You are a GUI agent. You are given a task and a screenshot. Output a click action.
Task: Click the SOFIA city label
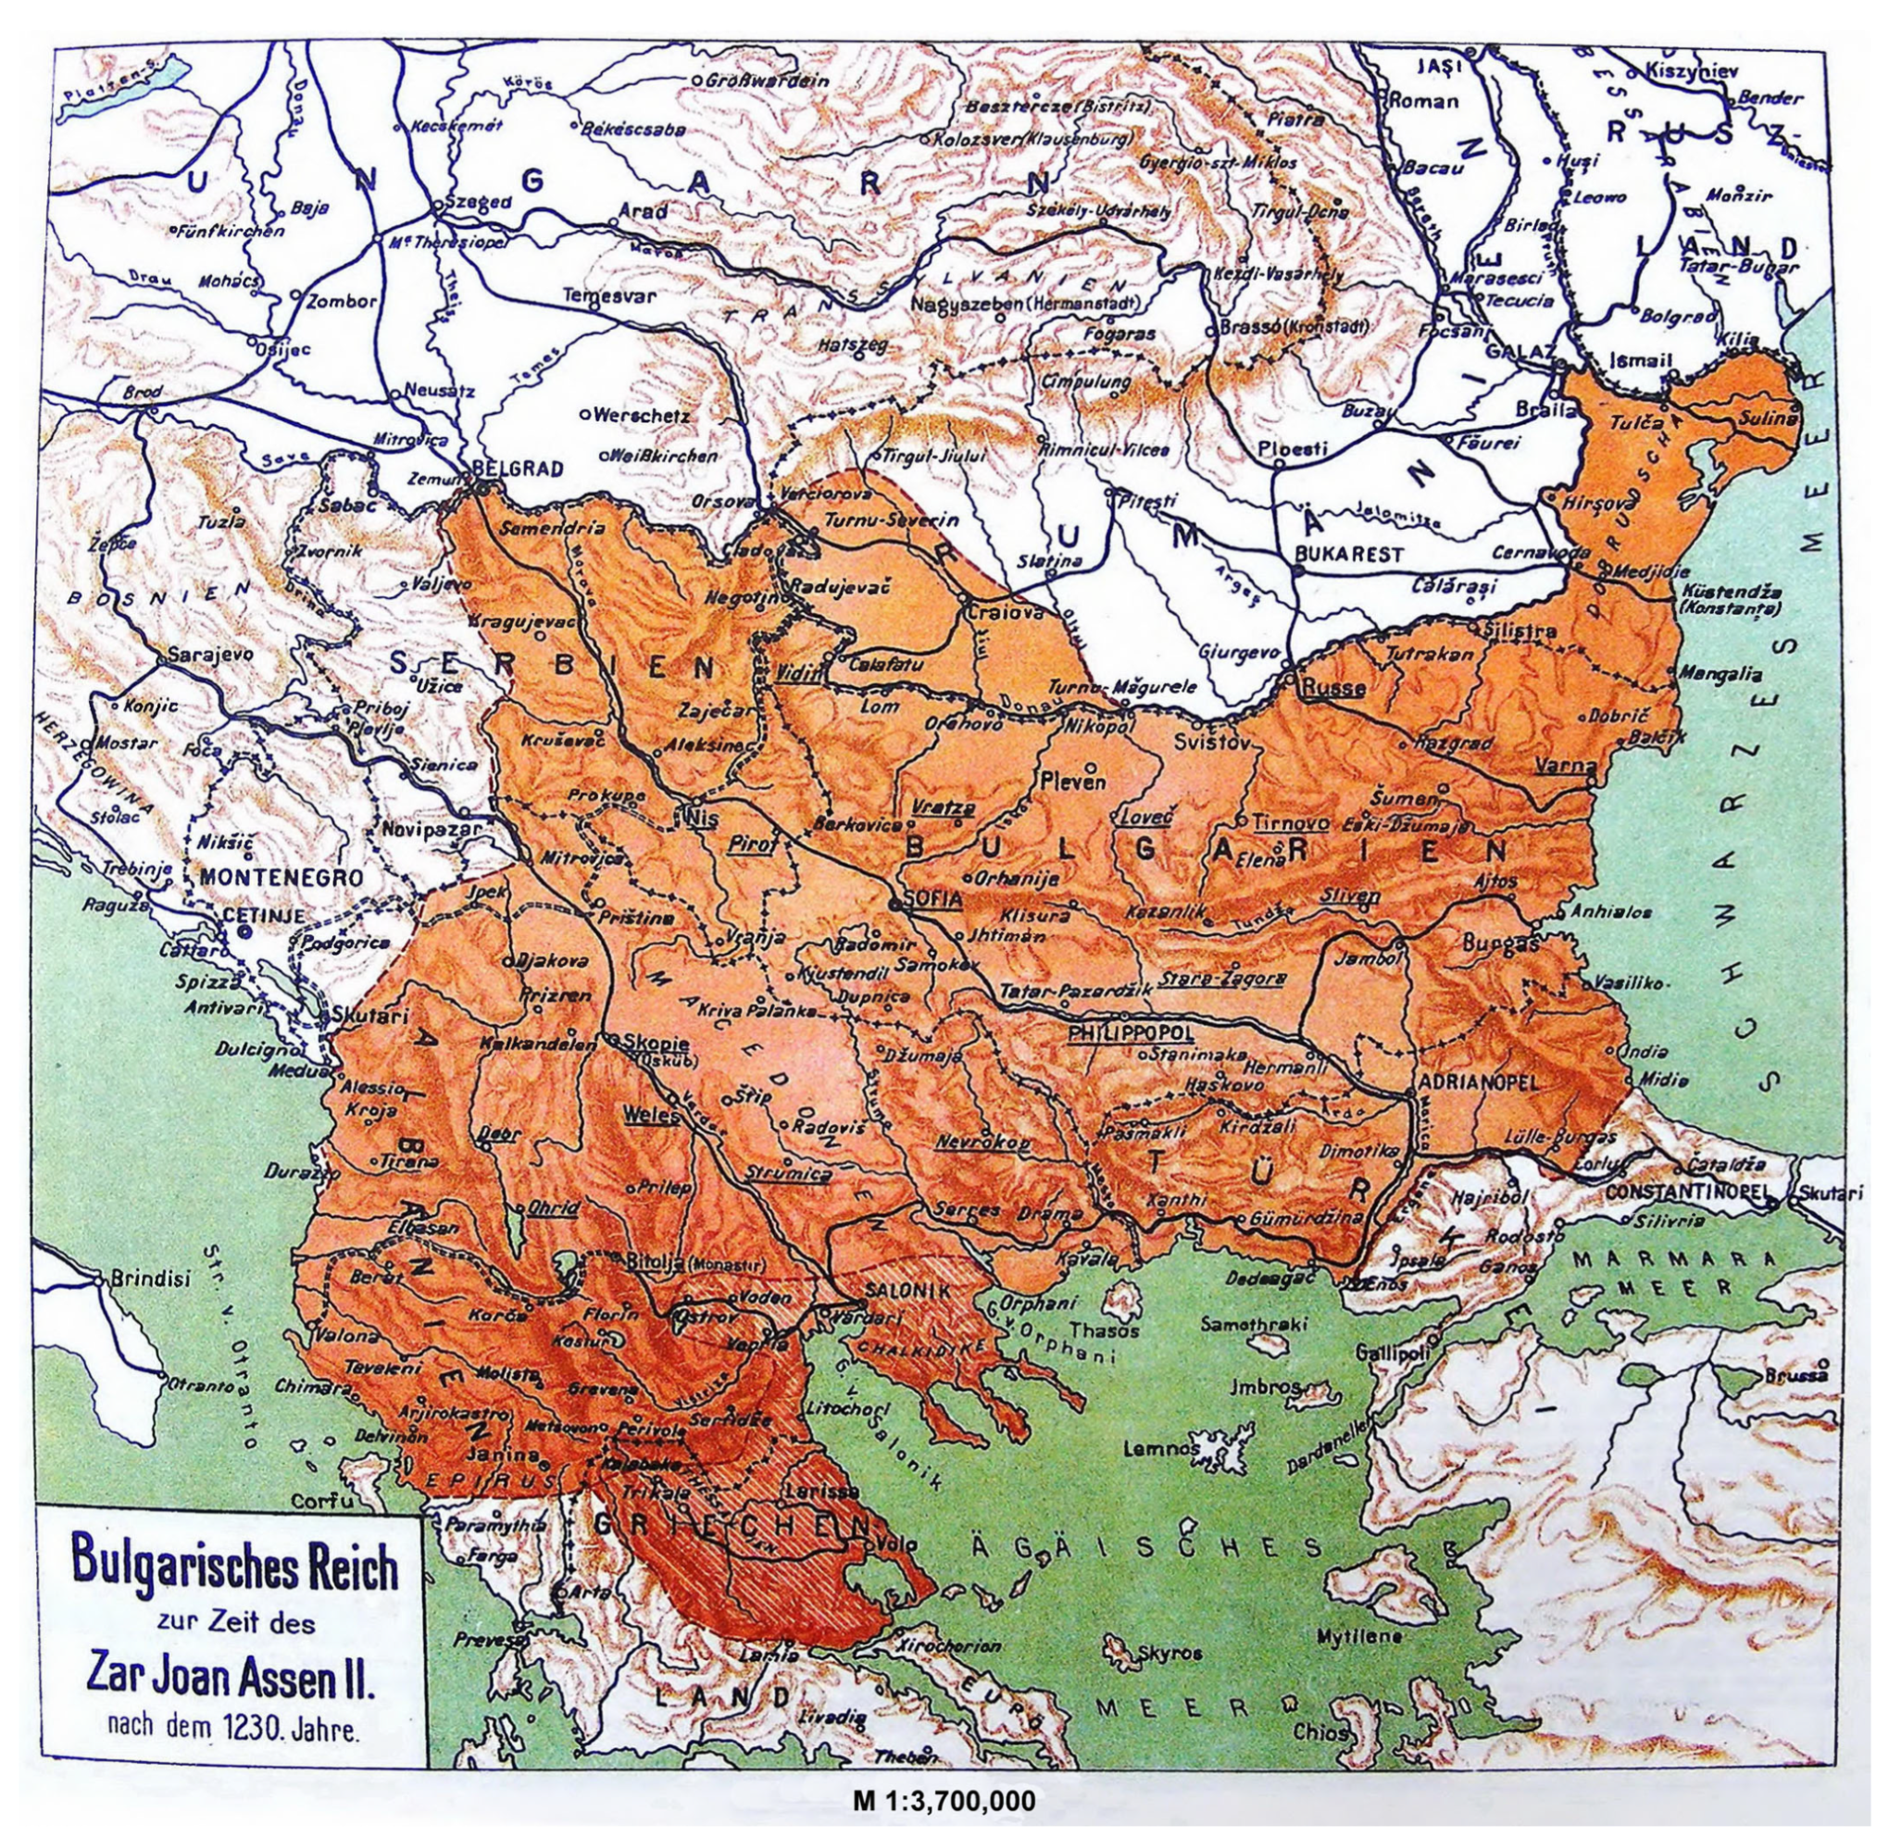pyautogui.click(x=932, y=899)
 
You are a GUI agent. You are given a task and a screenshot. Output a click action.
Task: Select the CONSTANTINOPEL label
pyautogui.click(x=1690, y=1193)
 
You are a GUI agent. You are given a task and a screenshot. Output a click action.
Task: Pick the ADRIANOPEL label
pyautogui.click(x=1477, y=1081)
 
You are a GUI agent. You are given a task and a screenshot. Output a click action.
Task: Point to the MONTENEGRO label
pyautogui.click(x=281, y=877)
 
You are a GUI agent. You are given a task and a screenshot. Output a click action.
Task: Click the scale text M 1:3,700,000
pyautogui.click(x=944, y=1800)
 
